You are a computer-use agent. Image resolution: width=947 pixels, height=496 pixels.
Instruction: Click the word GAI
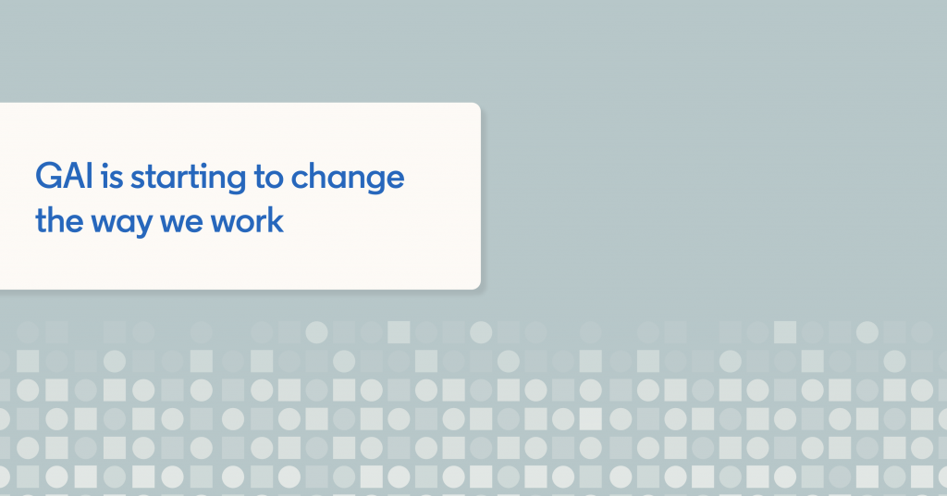click(64, 177)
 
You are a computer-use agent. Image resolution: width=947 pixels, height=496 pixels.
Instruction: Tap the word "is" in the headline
click(112, 177)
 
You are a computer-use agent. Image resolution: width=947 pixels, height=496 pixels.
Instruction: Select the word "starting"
click(188, 179)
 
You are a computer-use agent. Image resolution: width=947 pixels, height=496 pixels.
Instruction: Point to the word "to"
click(268, 177)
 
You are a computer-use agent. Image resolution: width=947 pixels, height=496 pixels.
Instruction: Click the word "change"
click(348, 179)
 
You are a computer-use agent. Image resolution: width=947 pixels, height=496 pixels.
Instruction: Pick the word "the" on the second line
click(59, 220)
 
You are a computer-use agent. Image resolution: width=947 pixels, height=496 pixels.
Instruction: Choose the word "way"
click(122, 223)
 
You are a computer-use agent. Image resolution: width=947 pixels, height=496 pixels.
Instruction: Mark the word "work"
click(247, 220)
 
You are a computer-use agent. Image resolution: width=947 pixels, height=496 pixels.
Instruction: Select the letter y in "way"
click(142, 226)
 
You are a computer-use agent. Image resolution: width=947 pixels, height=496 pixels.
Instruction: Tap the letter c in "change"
click(301, 180)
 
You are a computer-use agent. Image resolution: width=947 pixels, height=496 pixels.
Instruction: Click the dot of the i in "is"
click(104, 166)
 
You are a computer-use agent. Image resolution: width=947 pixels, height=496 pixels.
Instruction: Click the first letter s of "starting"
click(139, 180)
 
